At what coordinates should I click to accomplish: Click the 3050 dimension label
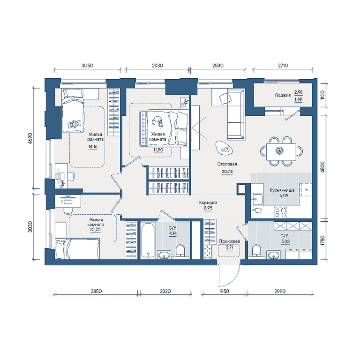coord(88,66)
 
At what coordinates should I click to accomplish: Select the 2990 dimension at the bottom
coord(280,292)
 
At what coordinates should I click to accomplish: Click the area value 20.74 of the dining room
coord(227,172)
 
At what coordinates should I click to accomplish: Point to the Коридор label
coord(208,202)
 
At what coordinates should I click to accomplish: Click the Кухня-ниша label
coord(282,190)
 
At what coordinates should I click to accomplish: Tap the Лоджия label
coord(283,95)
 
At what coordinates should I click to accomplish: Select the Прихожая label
coord(229,241)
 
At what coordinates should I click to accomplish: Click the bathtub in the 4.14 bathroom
coord(148,240)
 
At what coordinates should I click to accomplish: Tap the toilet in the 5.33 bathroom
coord(256,251)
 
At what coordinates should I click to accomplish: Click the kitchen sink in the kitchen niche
coord(257,199)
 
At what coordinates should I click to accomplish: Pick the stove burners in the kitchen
coord(281,212)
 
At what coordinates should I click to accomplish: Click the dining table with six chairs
coord(281,151)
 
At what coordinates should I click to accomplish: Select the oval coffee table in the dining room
coord(224,148)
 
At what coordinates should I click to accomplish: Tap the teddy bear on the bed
coord(74,124)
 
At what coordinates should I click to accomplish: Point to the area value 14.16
coord(93,147)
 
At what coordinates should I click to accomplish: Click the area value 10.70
coord(95,230)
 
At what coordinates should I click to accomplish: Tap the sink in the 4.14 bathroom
coord(164,255)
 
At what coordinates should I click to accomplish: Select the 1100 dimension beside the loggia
coord(322,95)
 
